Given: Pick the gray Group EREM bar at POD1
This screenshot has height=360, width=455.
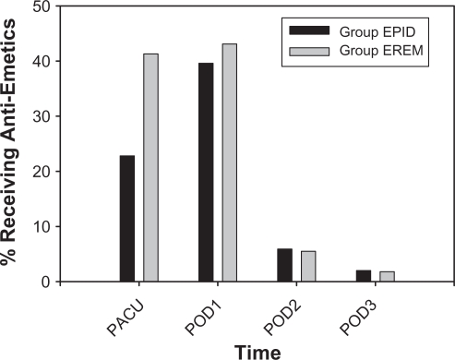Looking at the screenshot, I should [229, 162].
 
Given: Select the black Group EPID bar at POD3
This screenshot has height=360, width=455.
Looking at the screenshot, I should [363, 276].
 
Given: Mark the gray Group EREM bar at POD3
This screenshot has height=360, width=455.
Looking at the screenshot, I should [386, 277].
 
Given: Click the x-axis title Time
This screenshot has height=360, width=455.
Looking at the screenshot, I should [257, 350].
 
